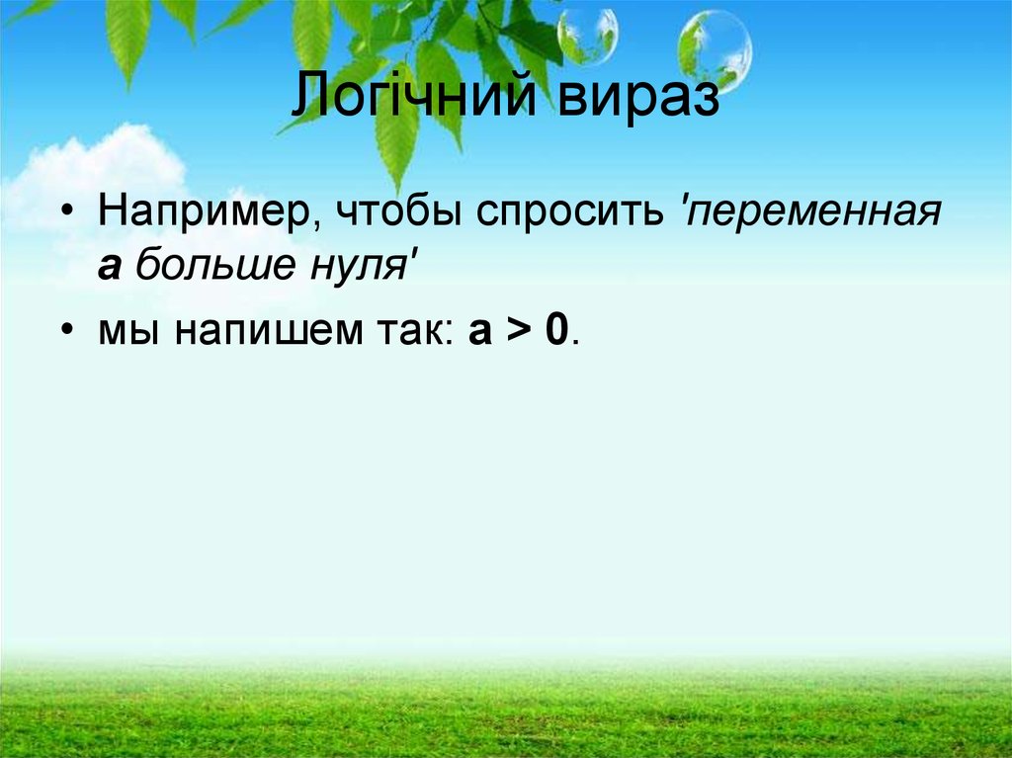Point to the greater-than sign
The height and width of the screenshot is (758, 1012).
tap(518, 332)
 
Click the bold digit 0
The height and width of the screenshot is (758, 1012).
tap(556, 332)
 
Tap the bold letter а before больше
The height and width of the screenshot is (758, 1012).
tap(110, 270)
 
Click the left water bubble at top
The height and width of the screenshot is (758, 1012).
tap(587, 36)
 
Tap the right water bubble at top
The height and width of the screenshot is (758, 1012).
tap(715, 46)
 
